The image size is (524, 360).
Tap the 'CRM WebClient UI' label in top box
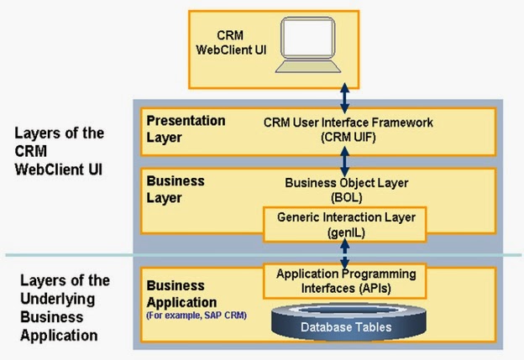(243, 43)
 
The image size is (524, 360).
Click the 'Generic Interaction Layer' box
(346, 222)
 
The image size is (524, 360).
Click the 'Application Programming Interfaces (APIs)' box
(346, 279)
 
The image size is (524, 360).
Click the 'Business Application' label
(181, 295)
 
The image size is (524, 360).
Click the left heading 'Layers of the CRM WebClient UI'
(59, 151)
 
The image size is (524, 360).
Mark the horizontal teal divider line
(67, 255)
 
